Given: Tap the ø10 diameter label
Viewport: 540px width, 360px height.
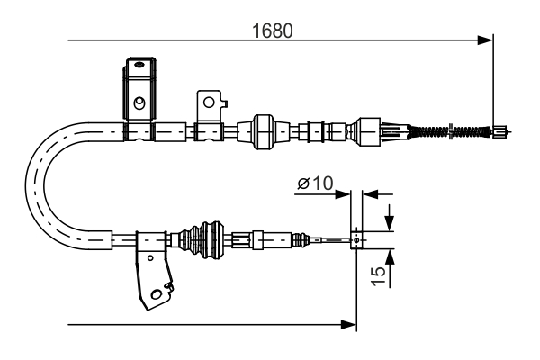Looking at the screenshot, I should tap(314, 184).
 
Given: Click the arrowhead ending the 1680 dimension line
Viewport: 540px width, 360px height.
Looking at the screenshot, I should tap(487, 40).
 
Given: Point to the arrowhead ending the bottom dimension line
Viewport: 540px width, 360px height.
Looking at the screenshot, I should tap(350, 322).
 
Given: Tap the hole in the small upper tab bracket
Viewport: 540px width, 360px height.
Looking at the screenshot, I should tap(209, 102).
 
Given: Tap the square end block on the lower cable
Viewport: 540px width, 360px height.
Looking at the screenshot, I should tap(358, 239).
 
